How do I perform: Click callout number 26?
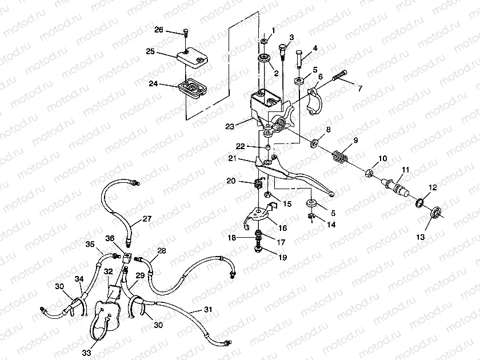coord(159,30)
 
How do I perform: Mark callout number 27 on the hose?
coord(147,219)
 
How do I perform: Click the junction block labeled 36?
coord(127,257)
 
